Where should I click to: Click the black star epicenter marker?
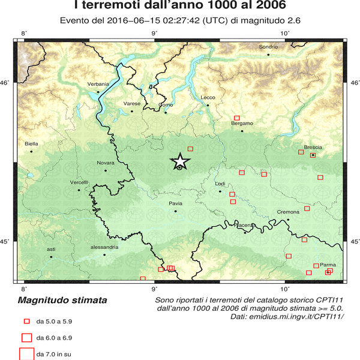[180, 161]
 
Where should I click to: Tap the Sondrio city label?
[268, 47]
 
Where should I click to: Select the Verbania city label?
[98, 84]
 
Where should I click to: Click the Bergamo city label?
[242, 123]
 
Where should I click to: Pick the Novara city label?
[105, 163]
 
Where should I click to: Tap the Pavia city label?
[175, 204]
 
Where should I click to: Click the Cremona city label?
[288, 212]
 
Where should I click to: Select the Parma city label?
[328, 265]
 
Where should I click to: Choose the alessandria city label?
[104, 247]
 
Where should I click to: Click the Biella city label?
[31, 144]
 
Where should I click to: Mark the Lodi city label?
[220, 184]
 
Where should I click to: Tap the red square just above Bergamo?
[236, 118]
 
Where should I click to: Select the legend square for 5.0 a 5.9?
[26, 321]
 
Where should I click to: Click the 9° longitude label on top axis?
[154, 32]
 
